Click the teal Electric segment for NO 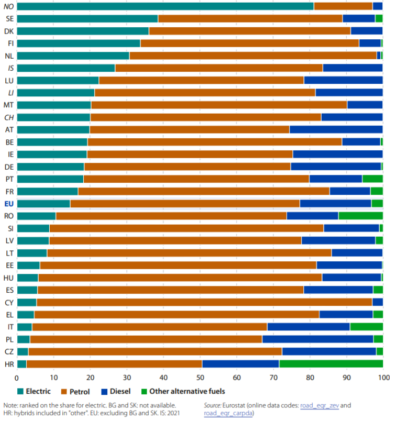tap(165, 6)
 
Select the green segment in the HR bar tap(330, 364)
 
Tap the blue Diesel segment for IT tap(308, 327)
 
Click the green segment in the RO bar tap(360, 216)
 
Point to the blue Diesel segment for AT tap(336, 129)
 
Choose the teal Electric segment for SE tap(87, 18)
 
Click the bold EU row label tap(9, 204)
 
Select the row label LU tap(9, 81)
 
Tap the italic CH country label tap(9, 117)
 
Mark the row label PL tap(9, 339)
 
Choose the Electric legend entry tap(34, 391)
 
